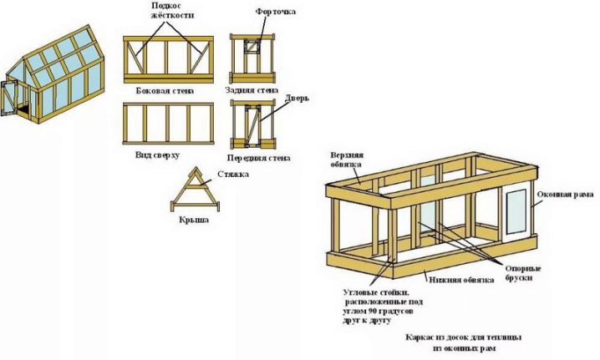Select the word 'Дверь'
pos(298,98)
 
